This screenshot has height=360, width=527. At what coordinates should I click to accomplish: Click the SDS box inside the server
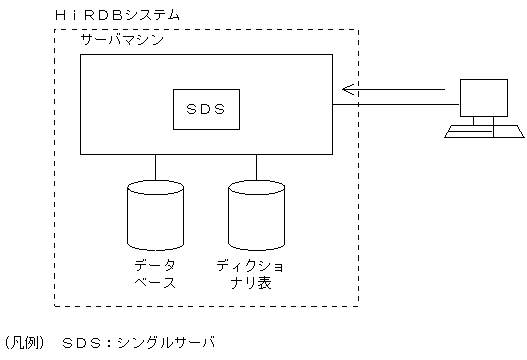tap(205, 104)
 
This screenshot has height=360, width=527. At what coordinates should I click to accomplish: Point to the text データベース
tap(155, 273)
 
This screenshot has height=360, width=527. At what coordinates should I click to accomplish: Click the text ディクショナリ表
tap(257, 273)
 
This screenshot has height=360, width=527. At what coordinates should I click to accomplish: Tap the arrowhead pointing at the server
tap(347, 90)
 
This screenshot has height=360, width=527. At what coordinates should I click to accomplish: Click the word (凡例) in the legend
tap(24, 342)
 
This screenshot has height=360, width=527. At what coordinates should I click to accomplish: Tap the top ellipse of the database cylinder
tap(155, 188)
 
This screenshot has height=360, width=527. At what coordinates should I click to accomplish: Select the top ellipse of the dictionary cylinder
tap(257, 188)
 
